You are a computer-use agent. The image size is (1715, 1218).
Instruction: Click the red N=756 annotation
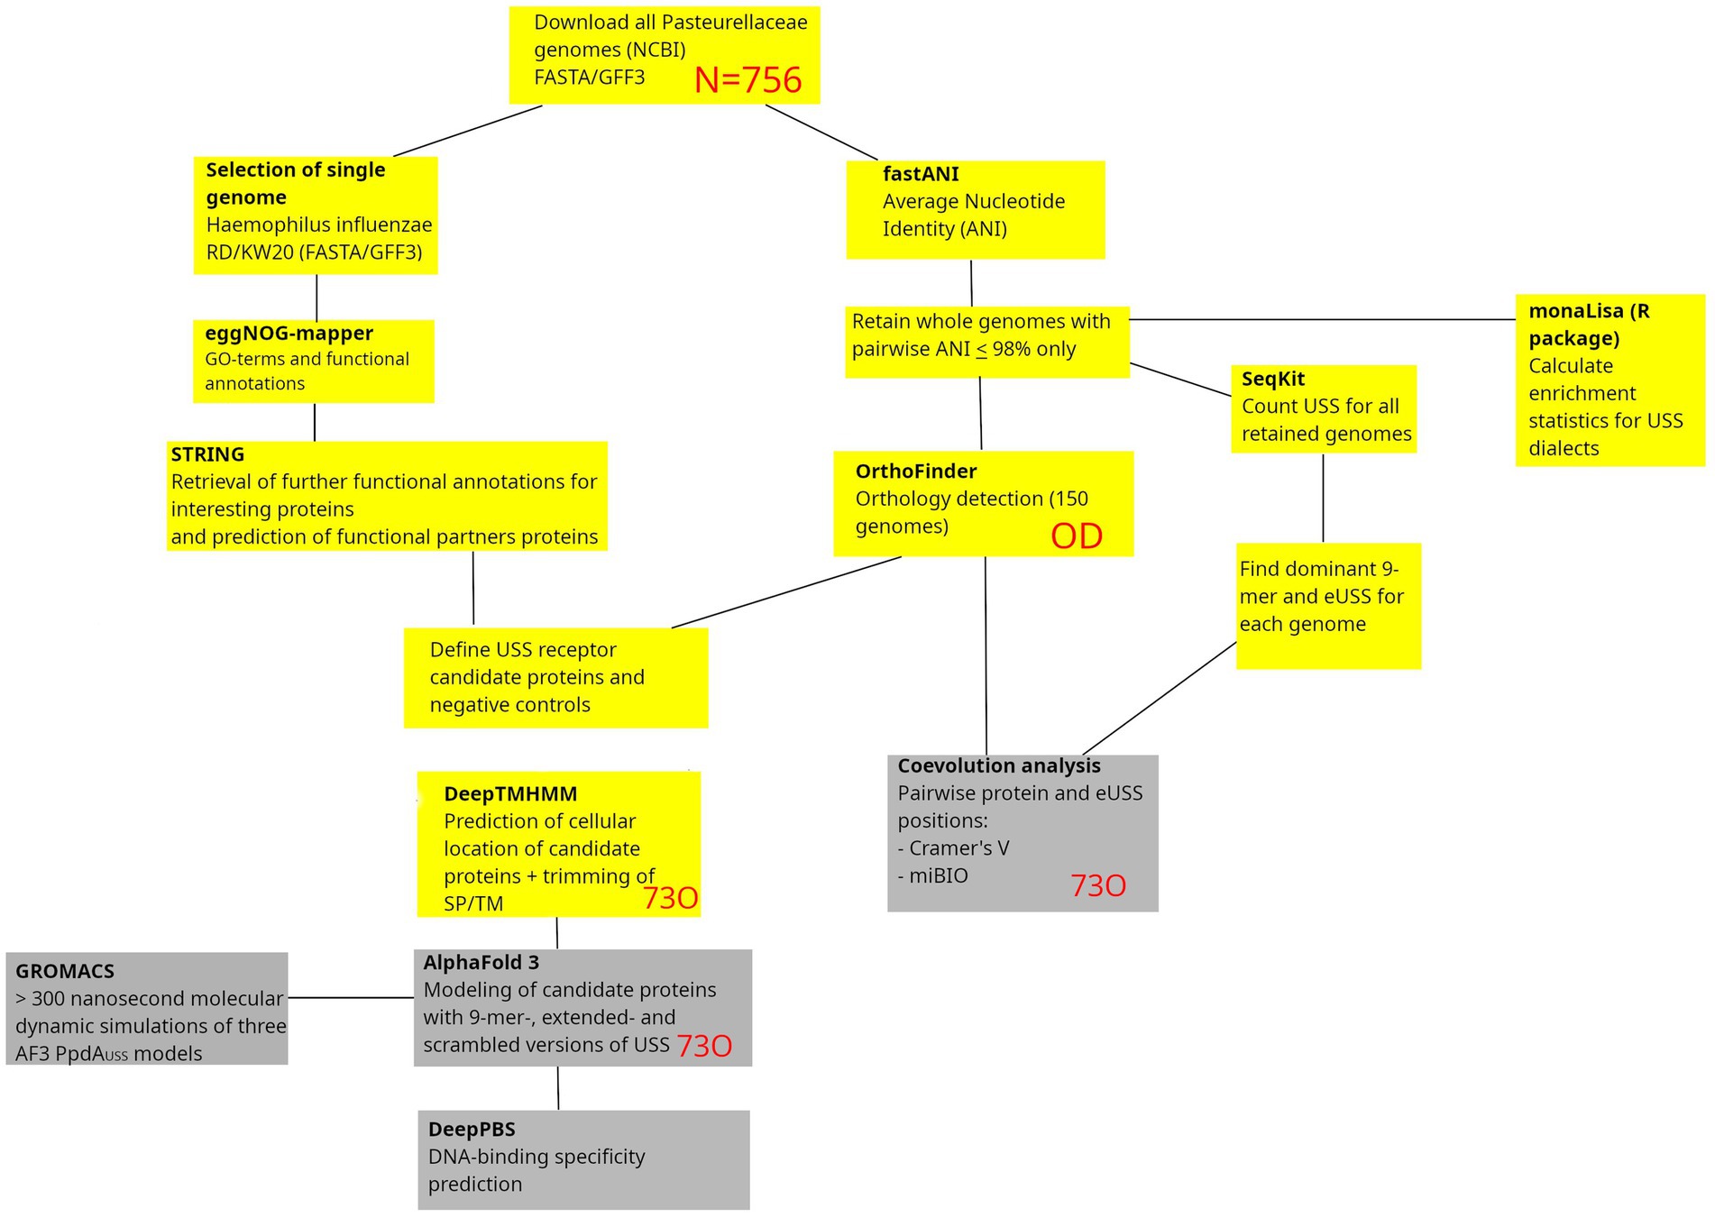tap(747, 80)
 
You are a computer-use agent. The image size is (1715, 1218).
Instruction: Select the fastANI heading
tap(921, 174)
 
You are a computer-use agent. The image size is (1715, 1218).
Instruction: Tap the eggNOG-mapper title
tap(289, 334)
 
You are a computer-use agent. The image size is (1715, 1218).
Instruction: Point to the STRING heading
tap(207, 454)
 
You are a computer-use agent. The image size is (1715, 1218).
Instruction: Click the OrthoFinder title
tap(915, 472)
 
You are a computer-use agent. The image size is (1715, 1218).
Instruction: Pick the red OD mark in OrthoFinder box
tap(1077, 536)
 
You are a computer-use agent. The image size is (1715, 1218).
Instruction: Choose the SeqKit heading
tap(1272, 380)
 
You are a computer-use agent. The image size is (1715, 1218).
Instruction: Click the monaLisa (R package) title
tap(1588, 325)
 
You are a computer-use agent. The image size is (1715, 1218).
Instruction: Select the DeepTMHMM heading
tap(510, 794)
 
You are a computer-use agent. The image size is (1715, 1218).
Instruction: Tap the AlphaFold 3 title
tap(481, 963)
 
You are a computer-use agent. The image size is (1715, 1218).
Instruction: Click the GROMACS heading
tap(65, 972)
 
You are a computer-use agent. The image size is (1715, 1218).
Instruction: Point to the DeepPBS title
tap(472, 1130)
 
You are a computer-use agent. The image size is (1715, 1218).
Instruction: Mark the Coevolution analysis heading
tap(998, 766)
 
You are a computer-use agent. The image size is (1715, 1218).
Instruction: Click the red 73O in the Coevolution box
tap(1097, 886)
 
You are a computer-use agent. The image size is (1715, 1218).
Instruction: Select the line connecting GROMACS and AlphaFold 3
tap(351, 998)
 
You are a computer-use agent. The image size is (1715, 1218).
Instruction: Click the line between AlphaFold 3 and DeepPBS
tap(558, 1088)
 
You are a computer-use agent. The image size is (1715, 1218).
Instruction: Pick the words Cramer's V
tap(958, 848)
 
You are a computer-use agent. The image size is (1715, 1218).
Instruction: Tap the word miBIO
tap(938, 876)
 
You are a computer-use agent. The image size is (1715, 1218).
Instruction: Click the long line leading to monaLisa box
tap(1322, 319)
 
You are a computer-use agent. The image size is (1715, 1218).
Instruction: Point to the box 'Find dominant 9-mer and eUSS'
tap(1327, 605)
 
